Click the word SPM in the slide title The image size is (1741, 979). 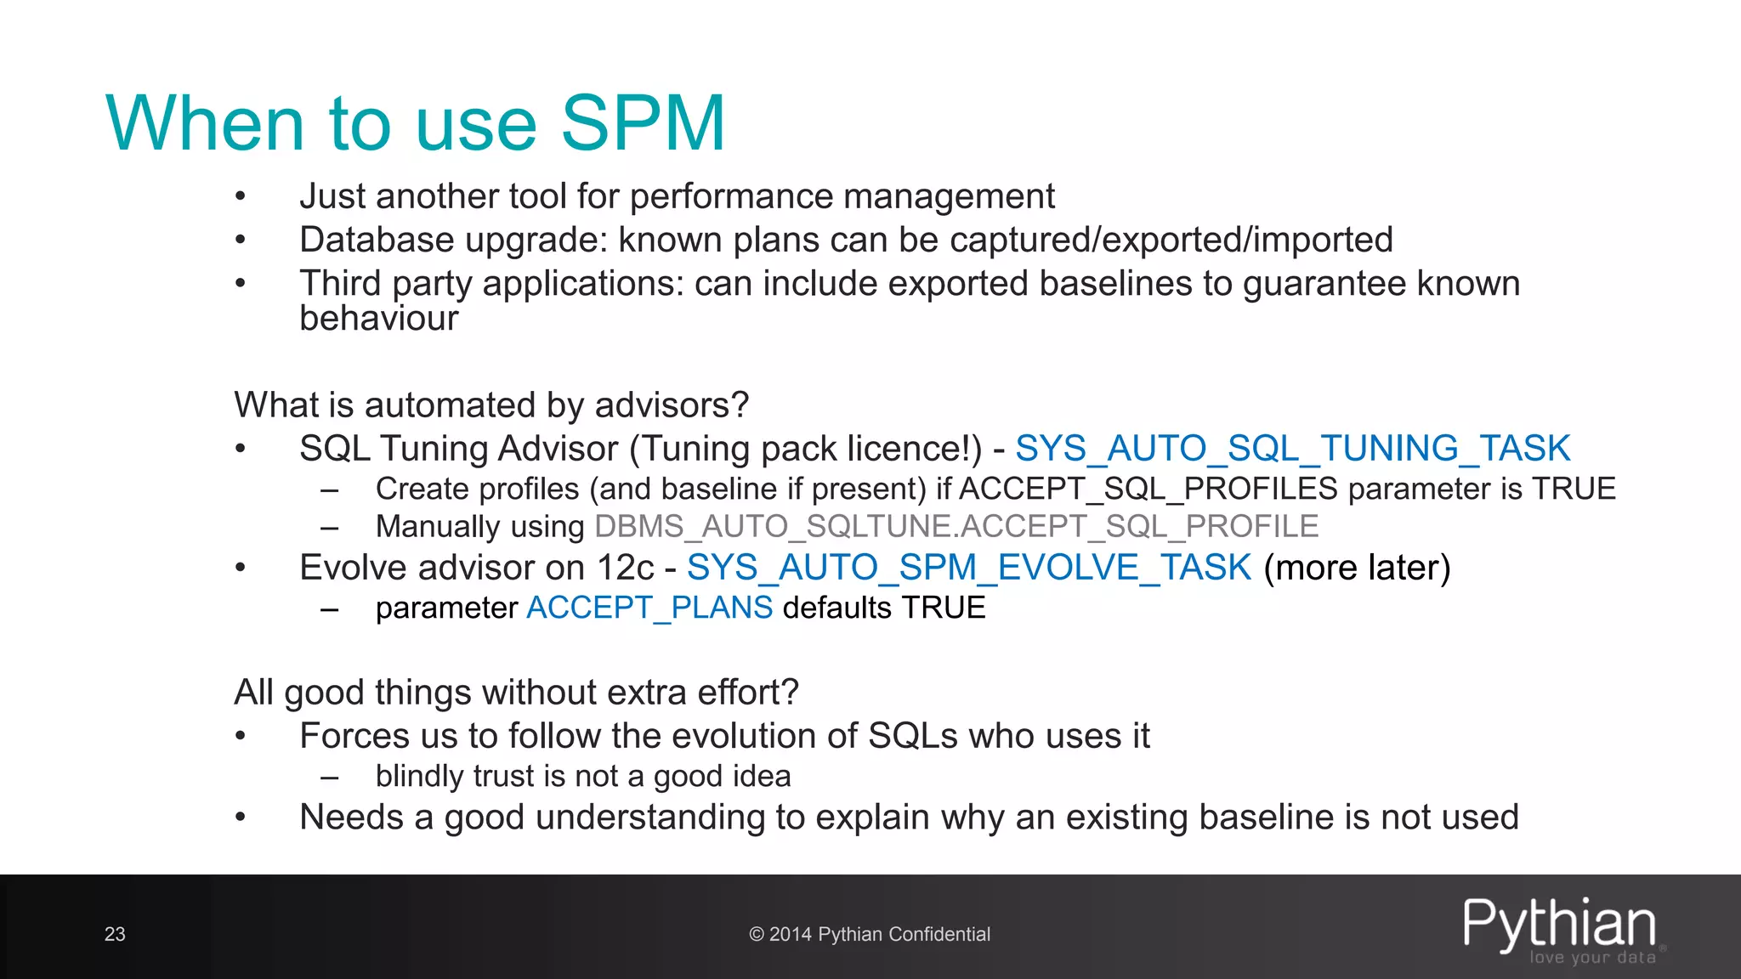[x=643, y=124]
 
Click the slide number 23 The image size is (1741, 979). [x=115, y=934]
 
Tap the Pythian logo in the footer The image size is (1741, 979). [x=1559, y=924]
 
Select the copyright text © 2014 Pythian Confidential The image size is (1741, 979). [x=870, y=934]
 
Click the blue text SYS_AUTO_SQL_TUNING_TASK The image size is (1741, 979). [x=1292, y=449]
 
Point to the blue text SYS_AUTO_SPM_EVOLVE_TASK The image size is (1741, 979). [x=969, y=568]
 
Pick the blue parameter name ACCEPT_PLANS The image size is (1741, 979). [x=649, y=608]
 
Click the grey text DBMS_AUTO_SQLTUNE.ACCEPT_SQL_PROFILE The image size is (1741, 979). [x=956, y=527]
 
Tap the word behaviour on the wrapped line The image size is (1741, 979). [x=378, y=319]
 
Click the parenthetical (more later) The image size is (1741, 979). [x=1357, y=568]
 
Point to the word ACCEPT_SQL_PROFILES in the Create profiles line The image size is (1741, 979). [x=1148, y=489]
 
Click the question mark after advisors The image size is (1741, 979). [x=740, y=405]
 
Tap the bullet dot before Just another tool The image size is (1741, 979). [x=241, y=197]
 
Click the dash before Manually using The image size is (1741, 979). [x=330, y=527]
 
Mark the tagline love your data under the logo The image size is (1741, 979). [x=1592, y=958]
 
